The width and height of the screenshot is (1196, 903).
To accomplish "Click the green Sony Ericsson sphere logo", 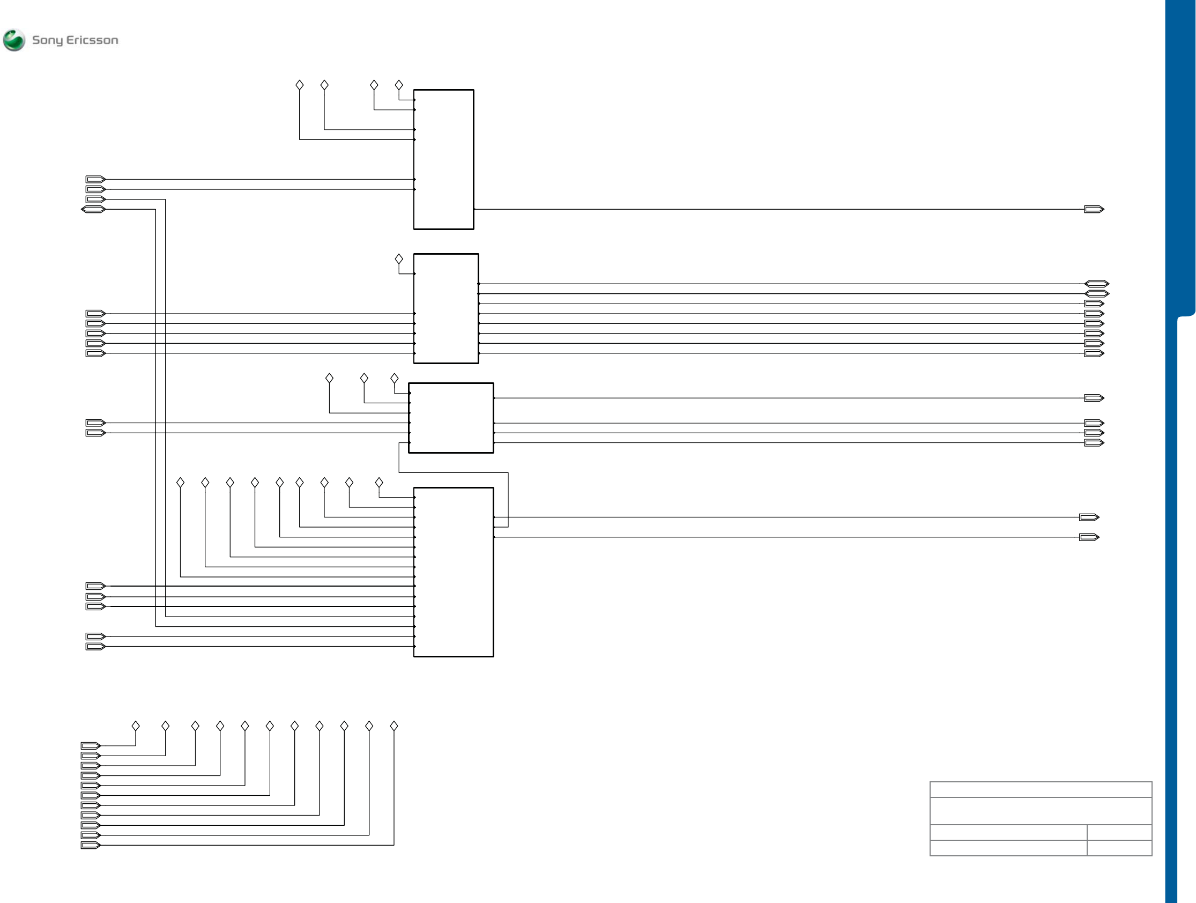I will [14, 40].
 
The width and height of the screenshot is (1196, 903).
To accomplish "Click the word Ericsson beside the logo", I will [92, 40].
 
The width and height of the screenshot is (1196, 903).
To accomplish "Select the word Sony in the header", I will [48, 40].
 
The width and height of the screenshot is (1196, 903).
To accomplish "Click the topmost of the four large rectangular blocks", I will [443, 159].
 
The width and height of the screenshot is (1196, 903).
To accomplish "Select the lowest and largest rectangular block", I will [453, 572].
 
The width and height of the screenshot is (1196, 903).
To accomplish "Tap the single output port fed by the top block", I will [1094, 209].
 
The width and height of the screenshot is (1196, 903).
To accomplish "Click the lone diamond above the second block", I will [399, 259].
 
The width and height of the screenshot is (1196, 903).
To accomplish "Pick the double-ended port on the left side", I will [93, 209].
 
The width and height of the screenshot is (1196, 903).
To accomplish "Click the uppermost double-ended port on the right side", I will [1096, 284].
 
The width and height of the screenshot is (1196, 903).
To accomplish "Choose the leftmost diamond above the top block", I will [300, 85].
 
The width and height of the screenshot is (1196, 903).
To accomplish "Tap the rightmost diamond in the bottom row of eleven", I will [394, 726].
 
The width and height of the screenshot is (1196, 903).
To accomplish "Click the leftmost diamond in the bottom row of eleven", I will [136, 726].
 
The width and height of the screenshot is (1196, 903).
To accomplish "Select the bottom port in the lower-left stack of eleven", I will [91, 845].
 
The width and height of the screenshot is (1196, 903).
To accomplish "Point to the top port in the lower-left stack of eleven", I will [91, 746].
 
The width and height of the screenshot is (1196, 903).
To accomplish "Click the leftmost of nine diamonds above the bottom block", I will [181, 482].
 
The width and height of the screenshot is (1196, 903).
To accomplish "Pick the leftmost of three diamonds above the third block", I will [329, 378].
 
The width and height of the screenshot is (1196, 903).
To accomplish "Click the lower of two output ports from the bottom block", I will [1089, 537].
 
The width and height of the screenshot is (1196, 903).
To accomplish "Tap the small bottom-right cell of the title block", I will [1119, 848].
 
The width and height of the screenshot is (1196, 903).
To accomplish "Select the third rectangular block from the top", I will [451, 418].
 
